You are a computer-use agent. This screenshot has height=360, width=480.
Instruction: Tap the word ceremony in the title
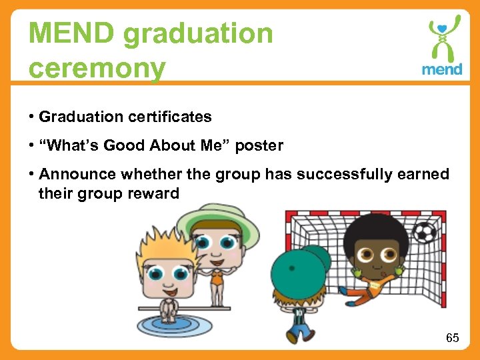(97, 68)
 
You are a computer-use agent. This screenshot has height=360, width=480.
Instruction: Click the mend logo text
(441, 69)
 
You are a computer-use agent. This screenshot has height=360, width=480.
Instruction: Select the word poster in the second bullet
(259, 145)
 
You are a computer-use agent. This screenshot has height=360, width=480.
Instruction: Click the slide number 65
(452, 338)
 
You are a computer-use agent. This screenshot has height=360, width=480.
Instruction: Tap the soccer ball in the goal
(424, 233)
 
